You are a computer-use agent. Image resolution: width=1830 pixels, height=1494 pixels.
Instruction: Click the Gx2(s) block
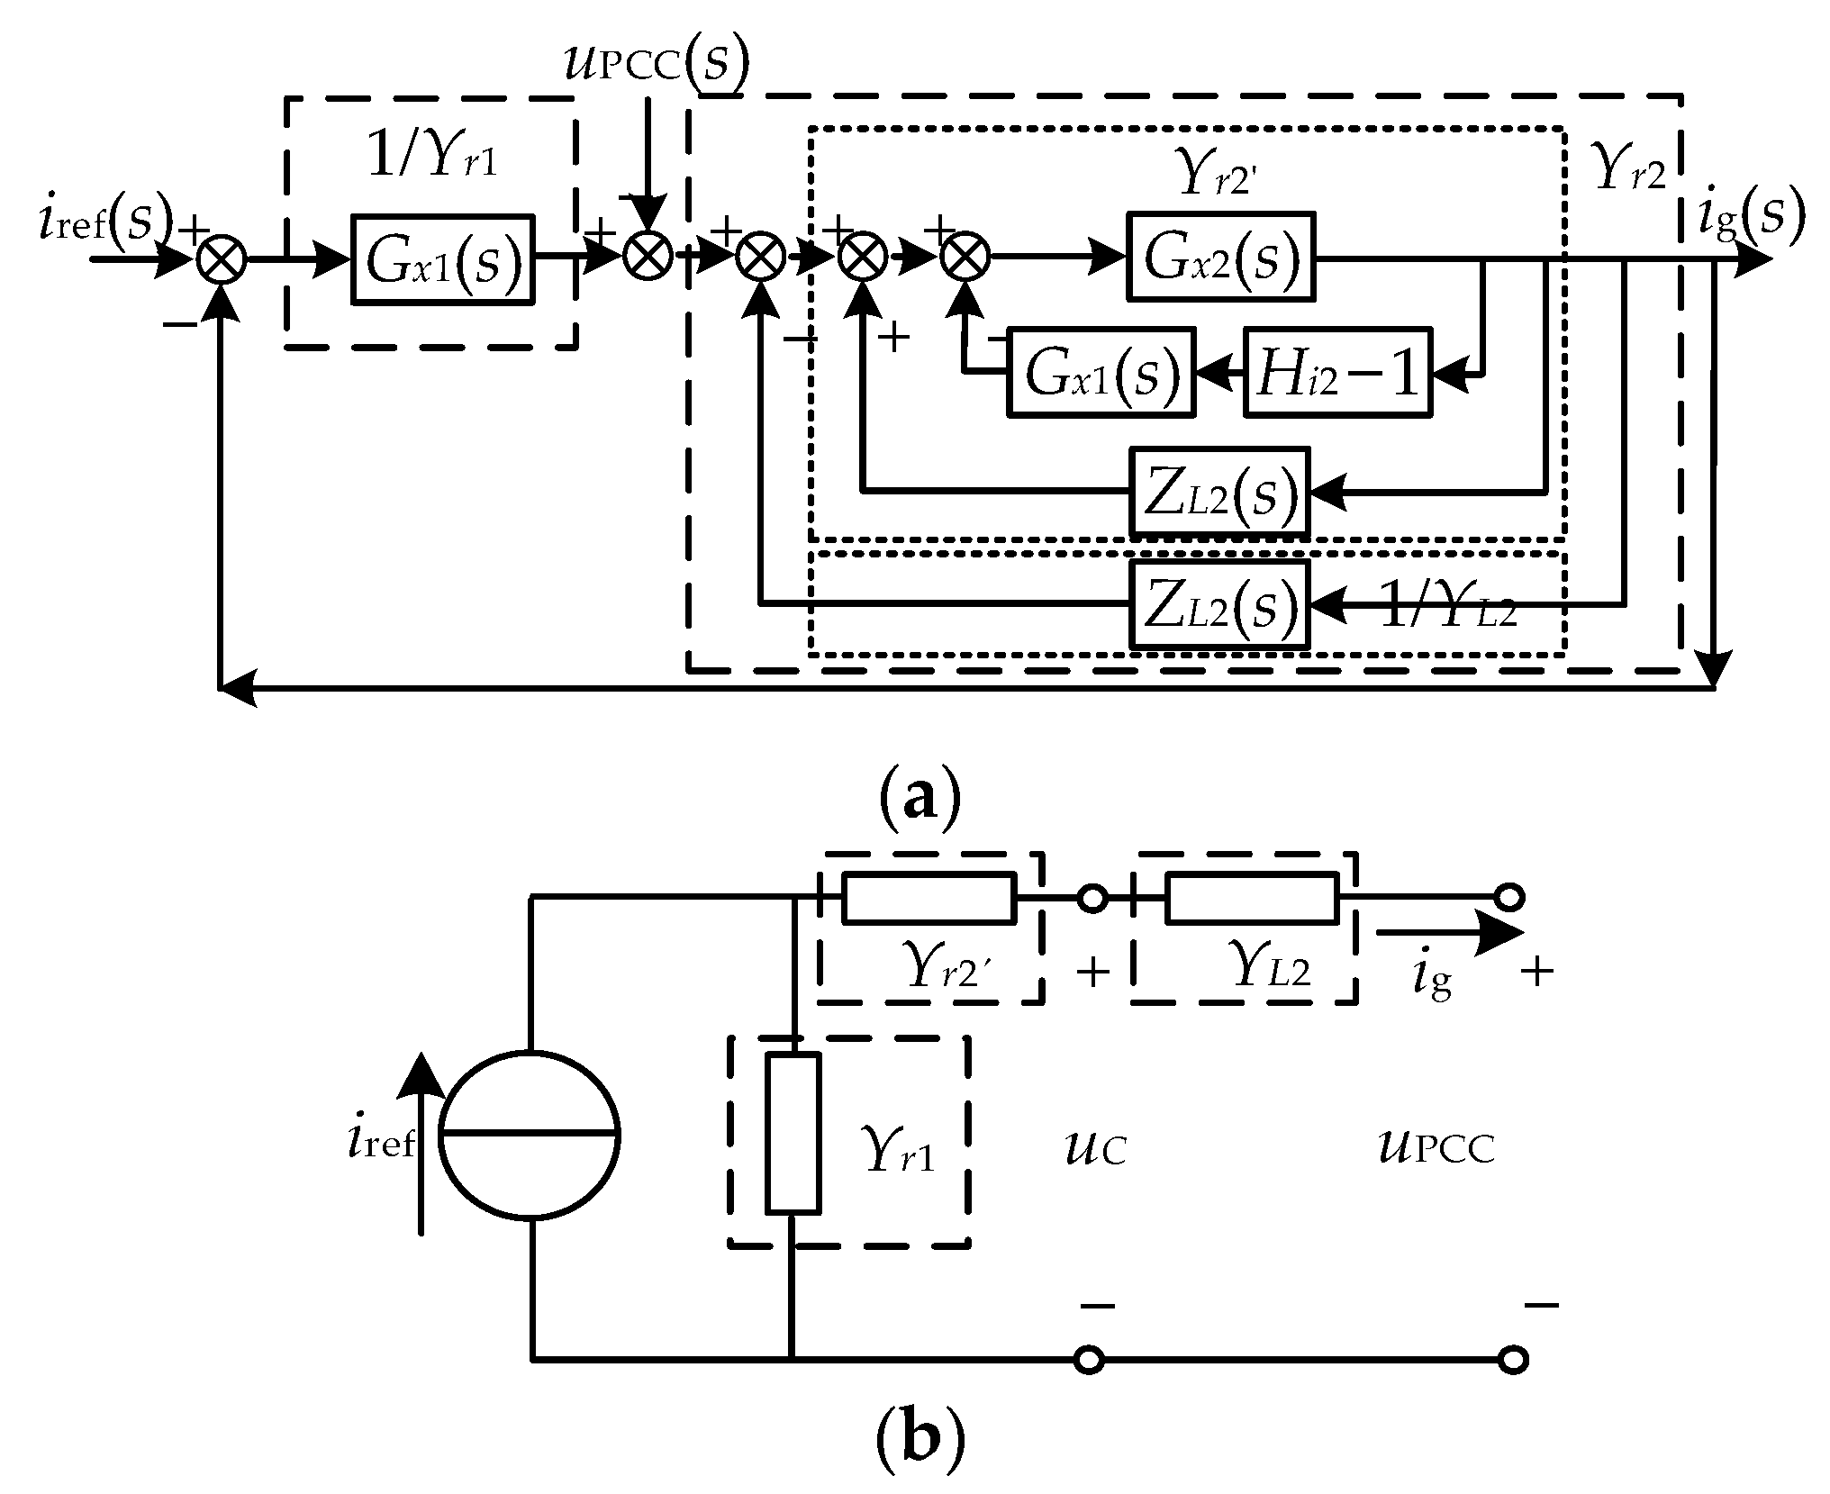(x=1220, y=257)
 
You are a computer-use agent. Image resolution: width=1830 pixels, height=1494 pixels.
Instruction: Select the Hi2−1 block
(x=1337, y=372)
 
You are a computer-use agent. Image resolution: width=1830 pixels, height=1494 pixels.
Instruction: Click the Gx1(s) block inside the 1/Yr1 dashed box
(x=442, y=259)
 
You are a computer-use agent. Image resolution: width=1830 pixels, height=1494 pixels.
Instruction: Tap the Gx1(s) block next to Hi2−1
(x=1101, y=372)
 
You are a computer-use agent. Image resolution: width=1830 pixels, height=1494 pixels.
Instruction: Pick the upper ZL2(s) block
(x=1218, y=492)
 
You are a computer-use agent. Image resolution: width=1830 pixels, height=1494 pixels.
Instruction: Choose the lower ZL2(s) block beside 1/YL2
(x=1218, y=603)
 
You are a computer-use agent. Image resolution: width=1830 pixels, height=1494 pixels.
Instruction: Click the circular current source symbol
(x=530, y=1135)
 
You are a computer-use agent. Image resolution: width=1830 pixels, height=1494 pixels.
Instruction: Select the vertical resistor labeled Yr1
(x=793, y=1133)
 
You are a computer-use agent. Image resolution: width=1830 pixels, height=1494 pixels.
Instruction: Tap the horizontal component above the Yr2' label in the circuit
(x=929, y=898)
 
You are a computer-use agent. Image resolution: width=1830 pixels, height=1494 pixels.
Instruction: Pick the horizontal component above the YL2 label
(x=1251, y=898)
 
